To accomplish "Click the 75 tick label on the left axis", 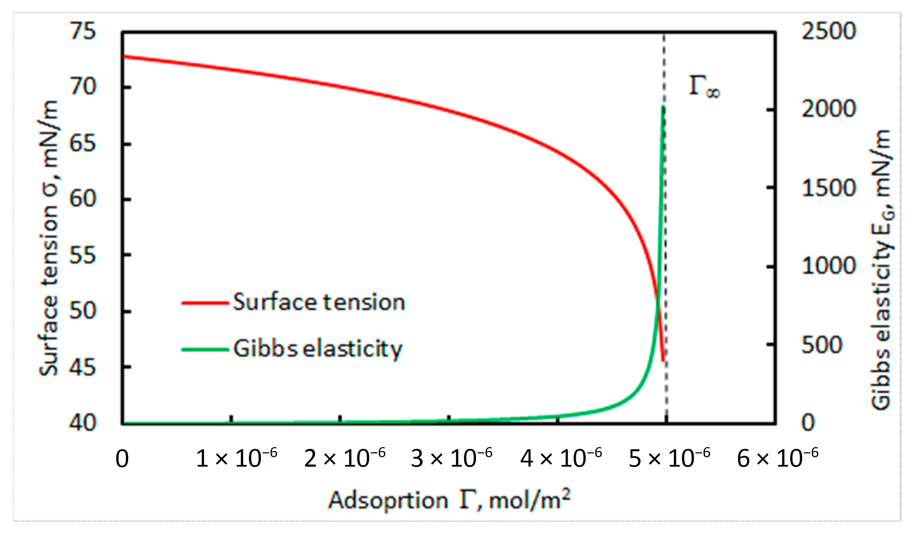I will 83,31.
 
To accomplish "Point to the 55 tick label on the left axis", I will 83,256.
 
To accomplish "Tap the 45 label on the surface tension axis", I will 83,368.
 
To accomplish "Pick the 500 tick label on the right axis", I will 822,345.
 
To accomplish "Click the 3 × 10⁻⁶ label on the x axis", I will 451,458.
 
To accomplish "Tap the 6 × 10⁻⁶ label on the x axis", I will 777,458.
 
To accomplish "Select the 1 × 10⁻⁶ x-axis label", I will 236,458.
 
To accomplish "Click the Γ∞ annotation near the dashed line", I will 704,87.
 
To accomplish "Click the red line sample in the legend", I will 205,303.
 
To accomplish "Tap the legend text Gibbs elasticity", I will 318,349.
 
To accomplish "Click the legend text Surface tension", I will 319,302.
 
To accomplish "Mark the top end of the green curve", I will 663,106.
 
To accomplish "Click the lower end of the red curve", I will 663,361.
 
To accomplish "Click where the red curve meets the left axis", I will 123,56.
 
